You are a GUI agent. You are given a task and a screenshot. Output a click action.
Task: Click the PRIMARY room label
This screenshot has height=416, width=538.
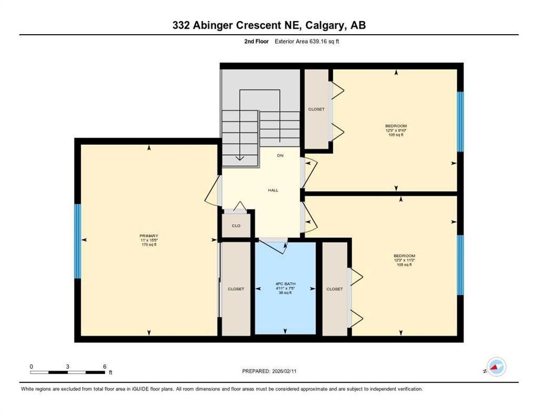[x=149, y=236]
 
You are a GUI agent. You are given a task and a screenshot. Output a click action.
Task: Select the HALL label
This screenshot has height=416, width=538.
[x=273, y=190]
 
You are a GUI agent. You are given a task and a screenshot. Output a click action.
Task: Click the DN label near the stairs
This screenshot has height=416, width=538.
[x=280, y=155]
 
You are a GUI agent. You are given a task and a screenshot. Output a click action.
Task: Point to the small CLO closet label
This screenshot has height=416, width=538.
[x=236, y=226]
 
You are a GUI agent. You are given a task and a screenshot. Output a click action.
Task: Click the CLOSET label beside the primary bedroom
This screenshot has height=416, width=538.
[x=236, y=289]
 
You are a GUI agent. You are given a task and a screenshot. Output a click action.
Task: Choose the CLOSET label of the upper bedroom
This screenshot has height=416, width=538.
[x=317, y=109]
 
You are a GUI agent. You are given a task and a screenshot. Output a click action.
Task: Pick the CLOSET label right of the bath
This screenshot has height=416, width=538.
[x=334, y=289]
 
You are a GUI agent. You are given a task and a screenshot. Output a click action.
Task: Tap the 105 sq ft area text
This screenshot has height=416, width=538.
[x=396, y=135]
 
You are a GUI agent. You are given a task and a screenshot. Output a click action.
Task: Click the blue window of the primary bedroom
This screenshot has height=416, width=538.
[x=78, y=241]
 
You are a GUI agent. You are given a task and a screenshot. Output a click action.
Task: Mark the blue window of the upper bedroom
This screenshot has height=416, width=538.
[x=460, y=121]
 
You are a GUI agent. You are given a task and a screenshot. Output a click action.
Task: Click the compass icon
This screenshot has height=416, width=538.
[x=496, y=367]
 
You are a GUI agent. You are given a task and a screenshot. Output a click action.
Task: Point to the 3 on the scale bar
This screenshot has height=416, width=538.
[x=68, y=366]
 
